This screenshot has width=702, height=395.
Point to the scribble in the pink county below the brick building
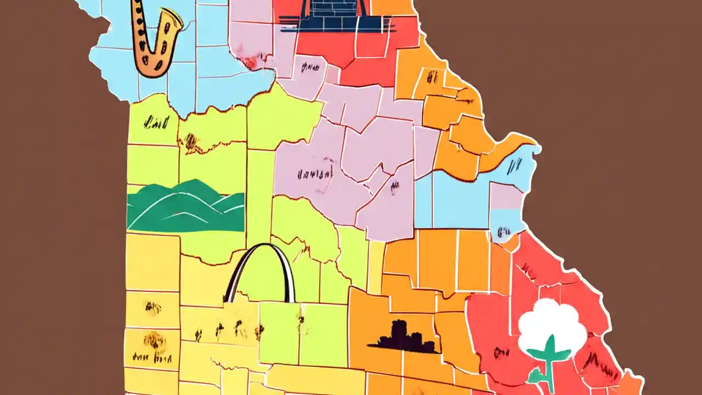[310, 67]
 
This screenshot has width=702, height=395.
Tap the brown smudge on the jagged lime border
[191, 143]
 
